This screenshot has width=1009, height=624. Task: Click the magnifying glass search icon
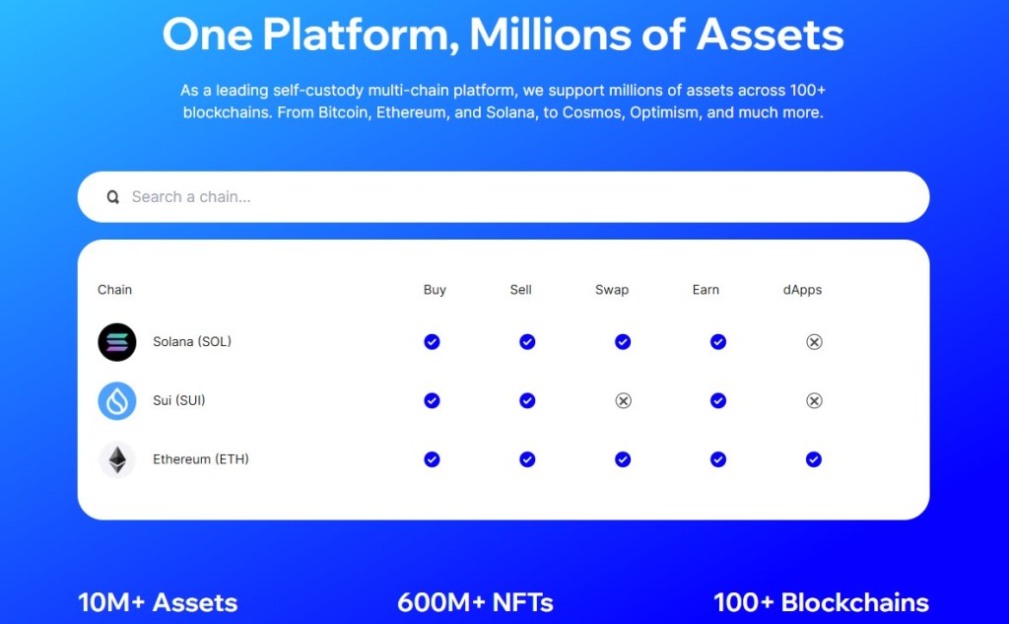[x=112, y=197]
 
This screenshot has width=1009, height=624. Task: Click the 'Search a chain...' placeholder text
[x=191, y=197]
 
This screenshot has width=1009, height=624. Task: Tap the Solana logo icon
[x=117, y=342]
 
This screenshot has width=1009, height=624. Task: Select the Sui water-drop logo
[x=117, y=400]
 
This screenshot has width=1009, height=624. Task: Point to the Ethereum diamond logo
[x=117, y=459]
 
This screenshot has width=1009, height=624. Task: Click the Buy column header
[x=435, y=290]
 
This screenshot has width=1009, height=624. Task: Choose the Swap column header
[x=612, y=290]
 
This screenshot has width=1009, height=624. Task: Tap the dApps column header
[x=802, y=290]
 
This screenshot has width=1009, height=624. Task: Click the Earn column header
[x=706, y=290]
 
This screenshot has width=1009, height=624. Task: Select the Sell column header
[x=520, y=290]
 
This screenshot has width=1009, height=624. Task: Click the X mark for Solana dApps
[x=814, y=342]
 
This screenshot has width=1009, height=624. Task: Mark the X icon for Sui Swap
[x=623, y=400]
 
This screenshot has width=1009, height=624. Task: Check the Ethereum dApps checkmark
[x=813, y=459]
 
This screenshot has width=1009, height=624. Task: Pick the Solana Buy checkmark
[x=432, y=342]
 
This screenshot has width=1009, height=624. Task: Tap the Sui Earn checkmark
[x=718, y=400]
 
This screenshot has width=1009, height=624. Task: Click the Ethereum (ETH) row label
[x=201, y=459]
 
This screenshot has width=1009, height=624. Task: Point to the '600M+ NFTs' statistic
[x=476, y=602]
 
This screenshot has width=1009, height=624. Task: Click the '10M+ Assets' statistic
[x=158, y=602]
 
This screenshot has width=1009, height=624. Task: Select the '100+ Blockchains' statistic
[x=821, y=602]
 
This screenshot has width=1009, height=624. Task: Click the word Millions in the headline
[x=550, y=35]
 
